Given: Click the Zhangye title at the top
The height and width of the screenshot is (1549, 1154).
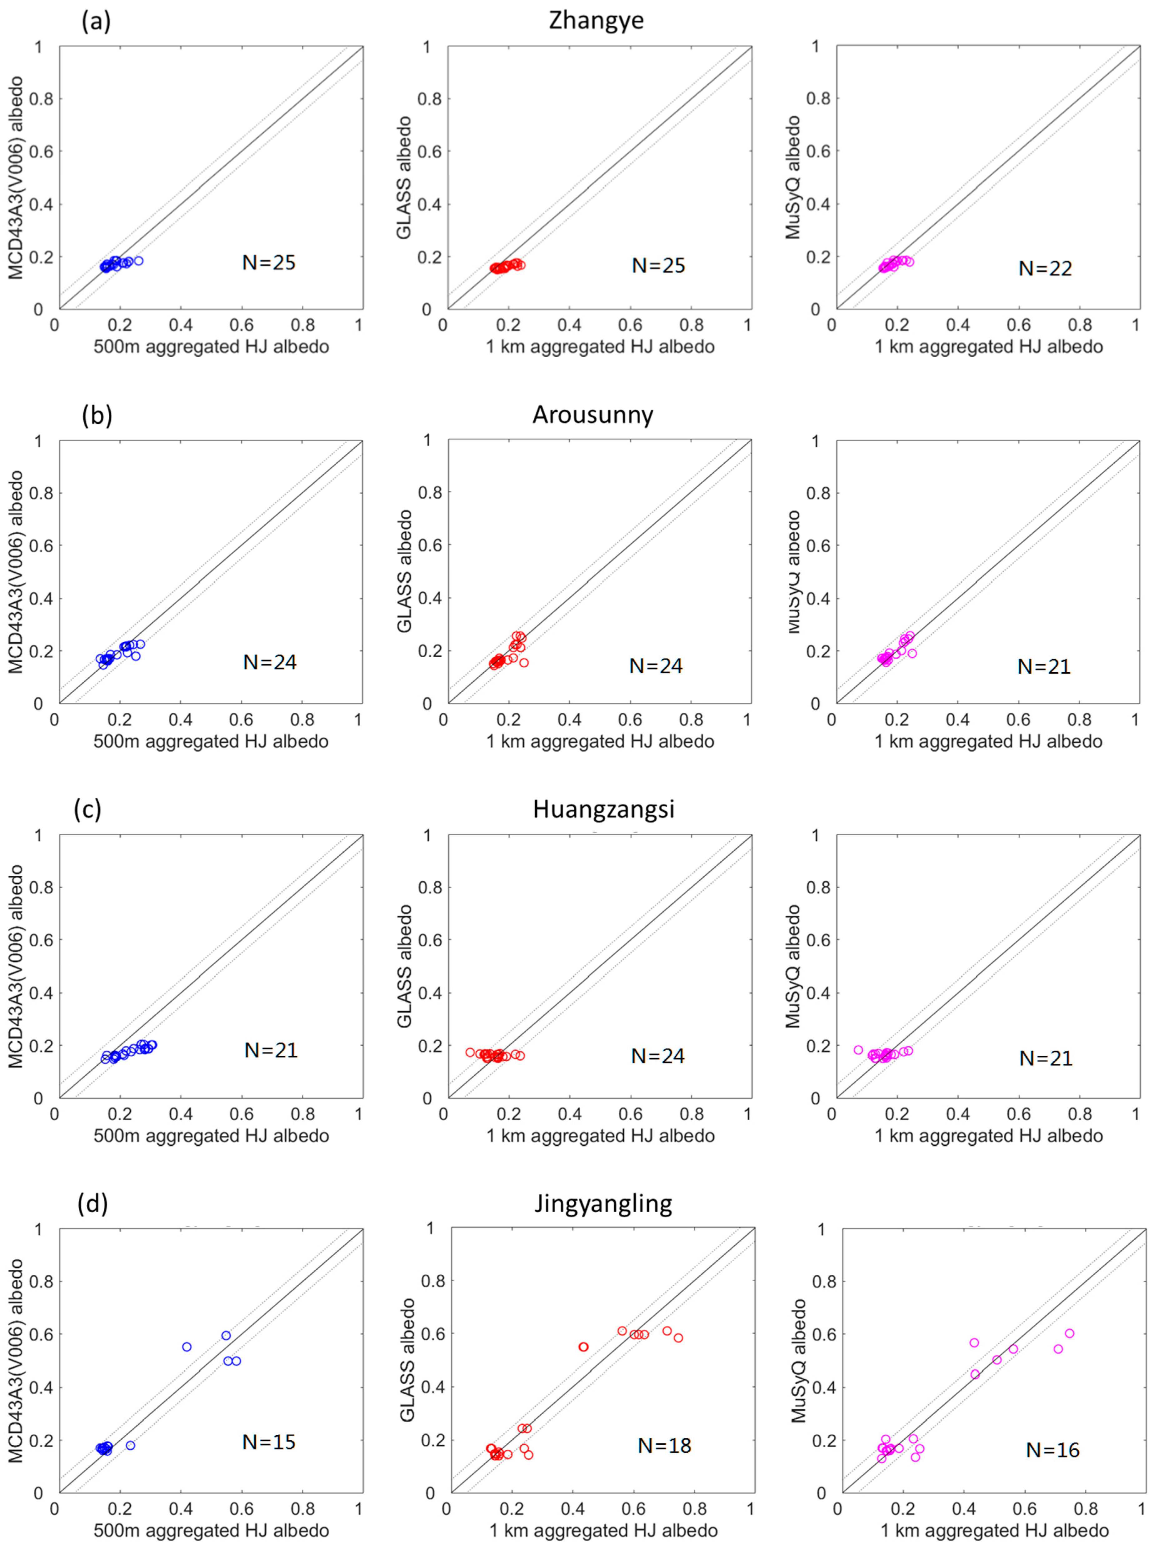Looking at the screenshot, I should [596, 20].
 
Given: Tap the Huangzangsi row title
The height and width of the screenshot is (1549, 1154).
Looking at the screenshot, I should [603, 809].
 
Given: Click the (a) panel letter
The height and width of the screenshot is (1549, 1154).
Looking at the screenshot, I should [96, 22].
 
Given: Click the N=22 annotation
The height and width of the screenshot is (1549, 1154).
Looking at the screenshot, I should [1045, 268].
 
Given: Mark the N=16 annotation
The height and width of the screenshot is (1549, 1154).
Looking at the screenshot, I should [1053, 1450].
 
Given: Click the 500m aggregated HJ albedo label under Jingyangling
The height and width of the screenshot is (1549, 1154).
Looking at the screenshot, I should [211, 1531].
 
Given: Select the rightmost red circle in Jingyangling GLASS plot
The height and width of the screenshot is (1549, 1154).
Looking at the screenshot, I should [677, 1337].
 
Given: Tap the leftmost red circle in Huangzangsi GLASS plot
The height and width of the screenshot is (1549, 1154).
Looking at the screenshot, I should [470, 1052].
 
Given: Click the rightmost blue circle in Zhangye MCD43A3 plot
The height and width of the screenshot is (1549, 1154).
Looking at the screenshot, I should [138, 261].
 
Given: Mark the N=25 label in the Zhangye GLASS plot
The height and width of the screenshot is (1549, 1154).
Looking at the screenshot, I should [658, 265].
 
